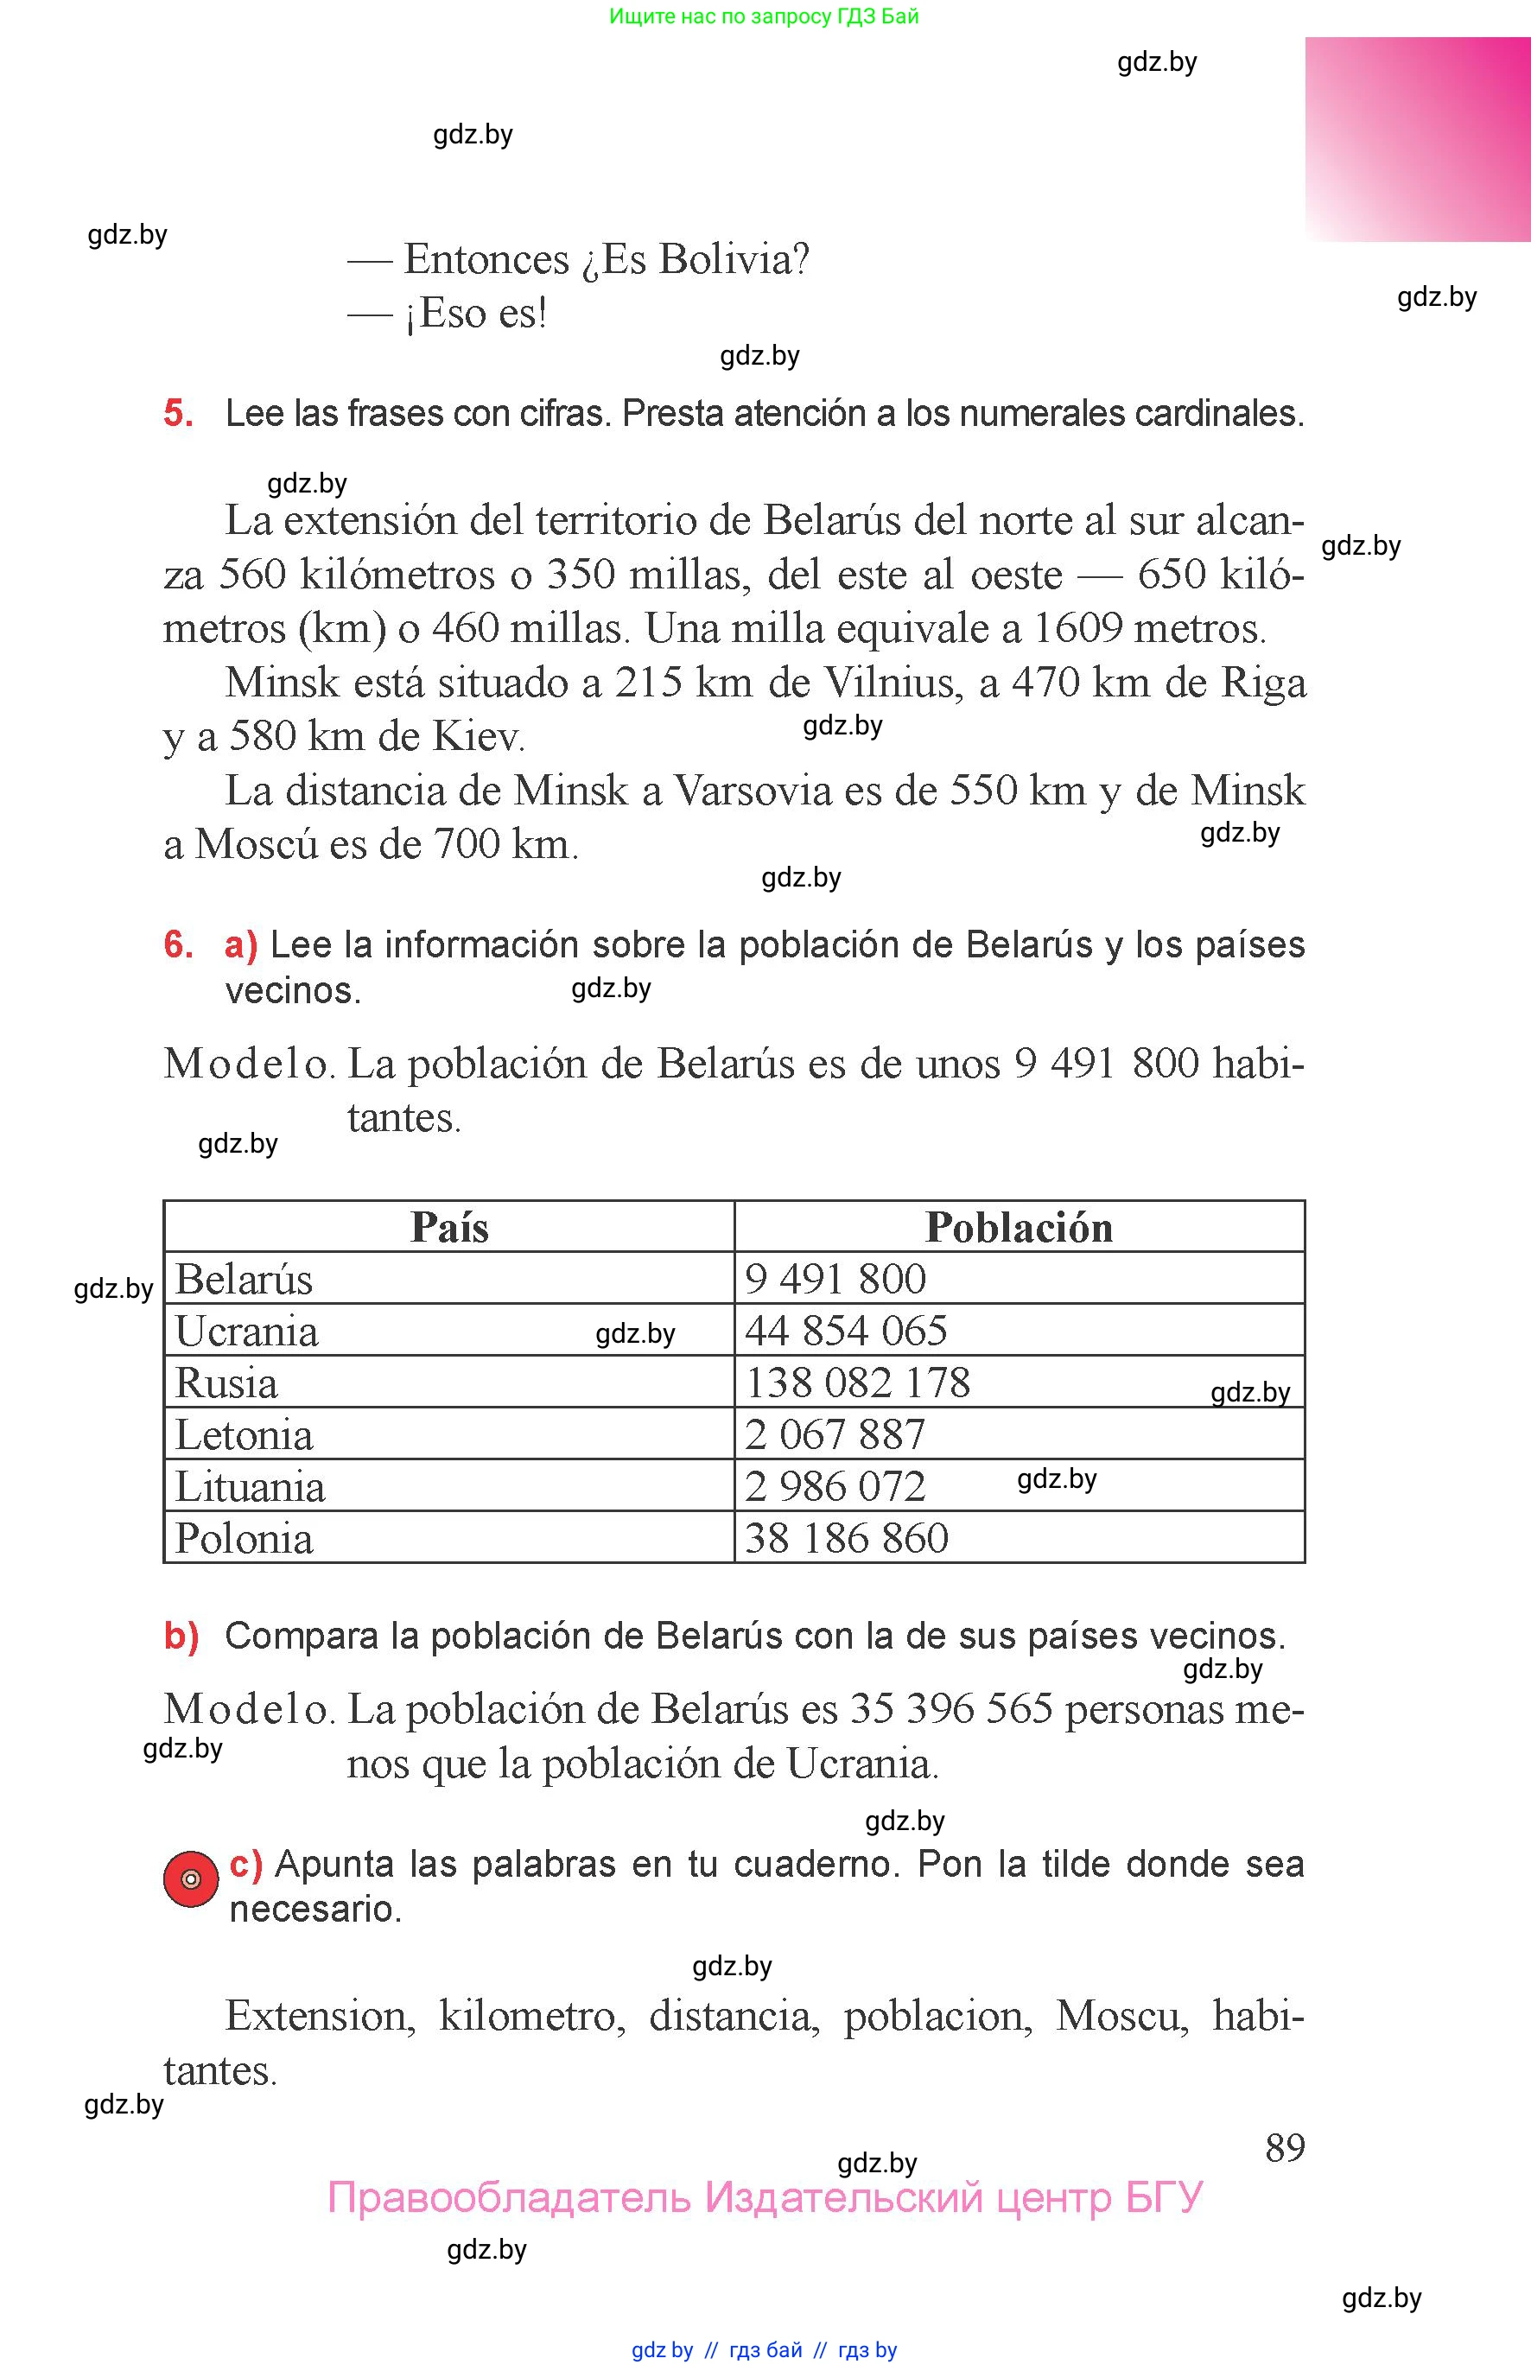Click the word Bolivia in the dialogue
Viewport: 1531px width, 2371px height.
(734, 259)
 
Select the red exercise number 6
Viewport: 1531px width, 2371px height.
(178, 944)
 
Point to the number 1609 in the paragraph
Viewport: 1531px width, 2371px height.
(1077, 628)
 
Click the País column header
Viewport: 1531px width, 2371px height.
(449, 1228)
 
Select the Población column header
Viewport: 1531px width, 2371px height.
(1018, 1228)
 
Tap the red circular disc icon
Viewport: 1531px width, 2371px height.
(191, 1878)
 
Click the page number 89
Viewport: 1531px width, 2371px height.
(1285, 2148)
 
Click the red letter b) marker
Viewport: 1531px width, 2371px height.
(181, 1637)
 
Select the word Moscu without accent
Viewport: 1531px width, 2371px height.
(1121, 2016)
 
